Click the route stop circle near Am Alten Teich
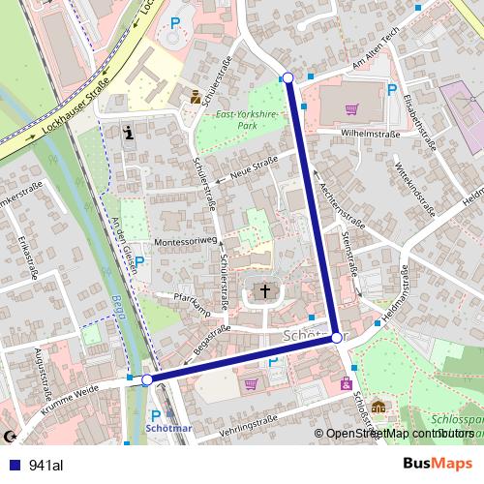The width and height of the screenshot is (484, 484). (x=287, y=77)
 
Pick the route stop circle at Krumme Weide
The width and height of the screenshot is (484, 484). (x=147, y=380)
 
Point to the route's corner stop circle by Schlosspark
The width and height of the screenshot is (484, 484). (x=336, y=338)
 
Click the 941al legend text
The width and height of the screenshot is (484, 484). (x=46, y=466)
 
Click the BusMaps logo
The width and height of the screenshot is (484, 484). (x=444, y=465)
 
